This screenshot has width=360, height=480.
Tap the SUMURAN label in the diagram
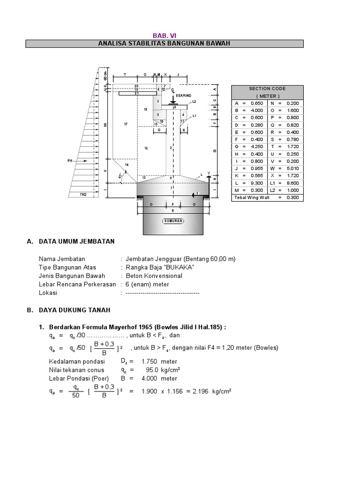click(173, 220)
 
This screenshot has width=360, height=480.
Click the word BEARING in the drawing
click(183, 96)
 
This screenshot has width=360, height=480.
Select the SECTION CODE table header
click(267, 89)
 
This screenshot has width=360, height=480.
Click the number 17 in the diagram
click(126, 124)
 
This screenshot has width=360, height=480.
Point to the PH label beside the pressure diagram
click(69, 160)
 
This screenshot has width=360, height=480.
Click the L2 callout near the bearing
click(194, 101)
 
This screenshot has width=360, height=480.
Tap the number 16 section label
click(146, 148)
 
